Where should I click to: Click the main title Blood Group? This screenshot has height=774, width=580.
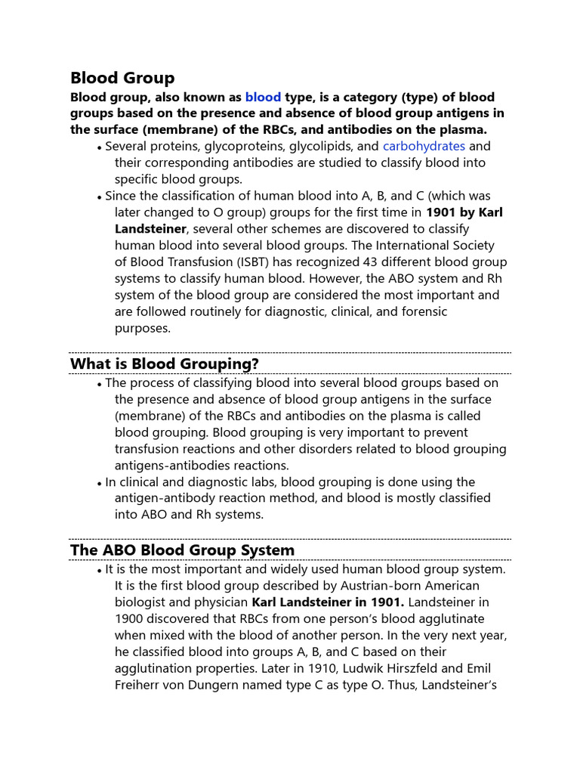(x=122, y=78)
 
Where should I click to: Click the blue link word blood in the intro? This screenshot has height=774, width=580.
(x=263, y=98)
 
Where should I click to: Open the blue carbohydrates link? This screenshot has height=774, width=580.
(x=424, y=146)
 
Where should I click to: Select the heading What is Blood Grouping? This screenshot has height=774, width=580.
(x=165, y=364)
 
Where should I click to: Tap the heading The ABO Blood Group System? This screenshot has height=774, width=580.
(x=182, y=550)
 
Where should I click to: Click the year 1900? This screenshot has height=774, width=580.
(x=129, y=619)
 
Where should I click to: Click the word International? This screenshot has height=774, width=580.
(x=409, y=246)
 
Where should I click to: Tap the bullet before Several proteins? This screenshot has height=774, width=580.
(x=100, y=147)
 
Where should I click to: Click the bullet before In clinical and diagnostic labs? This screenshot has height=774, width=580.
(x=100, y=483)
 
